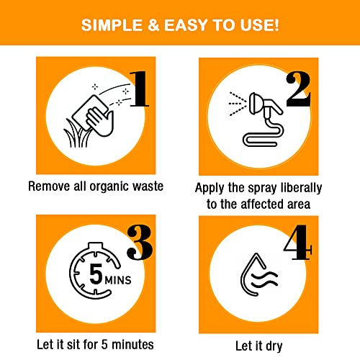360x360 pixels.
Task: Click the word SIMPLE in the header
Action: click(x=112, y=25)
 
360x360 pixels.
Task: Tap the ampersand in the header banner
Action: click(x=153, y=25)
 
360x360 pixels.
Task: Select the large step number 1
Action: click(x=139, y=89)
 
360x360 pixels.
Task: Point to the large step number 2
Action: click(x=298, y=89)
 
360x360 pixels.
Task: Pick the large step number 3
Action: click(x=140, y=243)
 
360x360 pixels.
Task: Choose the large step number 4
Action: click(x=297, y=243)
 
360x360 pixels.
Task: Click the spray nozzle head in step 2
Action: click(x=255, y=104)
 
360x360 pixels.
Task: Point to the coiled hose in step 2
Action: click(x=264, y=135)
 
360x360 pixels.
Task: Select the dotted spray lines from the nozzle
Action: click(x=238, y=104)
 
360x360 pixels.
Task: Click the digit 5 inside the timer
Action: click(x=96, y=274)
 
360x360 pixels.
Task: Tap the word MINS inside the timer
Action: click(x=118, y=280)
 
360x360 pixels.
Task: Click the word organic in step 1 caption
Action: click(x=109, y=187)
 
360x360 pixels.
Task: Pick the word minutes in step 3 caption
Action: click(x=132, y=345)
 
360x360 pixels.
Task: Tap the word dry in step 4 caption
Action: click(x=274, y=347)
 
